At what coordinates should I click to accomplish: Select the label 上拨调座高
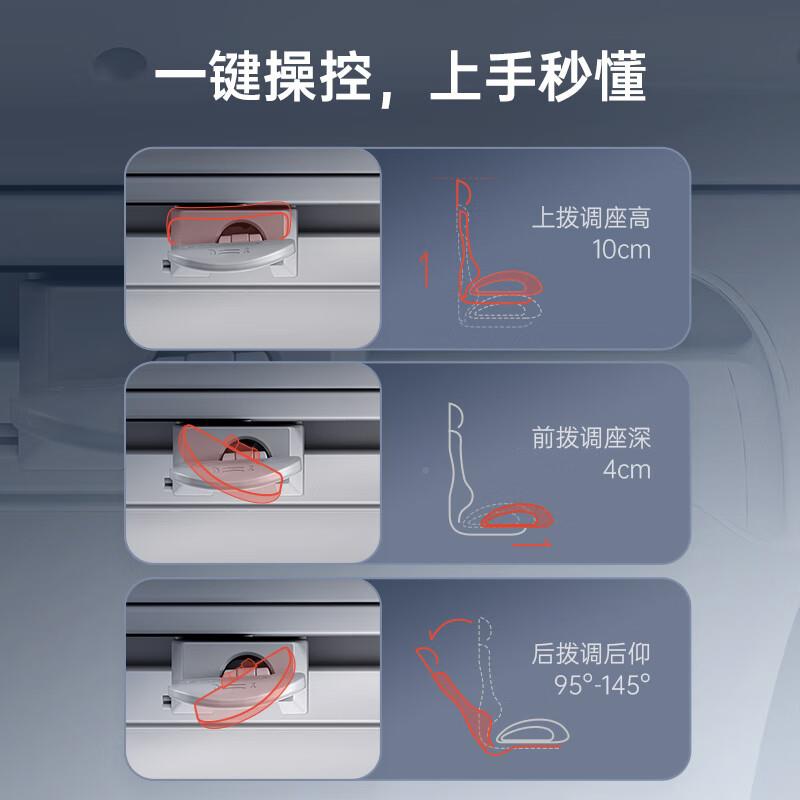point(591,218)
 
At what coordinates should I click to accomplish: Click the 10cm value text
point(620,250)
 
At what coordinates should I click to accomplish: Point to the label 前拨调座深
point(591,438)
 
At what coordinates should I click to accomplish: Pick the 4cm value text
point(628,469)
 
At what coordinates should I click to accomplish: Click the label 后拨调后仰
point(591,656)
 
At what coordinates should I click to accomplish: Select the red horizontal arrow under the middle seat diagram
point(531,545)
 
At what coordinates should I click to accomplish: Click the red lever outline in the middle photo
point(231,462)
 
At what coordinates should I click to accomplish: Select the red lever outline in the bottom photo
point(245,685)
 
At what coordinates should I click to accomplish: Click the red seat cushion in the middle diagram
point(515,516)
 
